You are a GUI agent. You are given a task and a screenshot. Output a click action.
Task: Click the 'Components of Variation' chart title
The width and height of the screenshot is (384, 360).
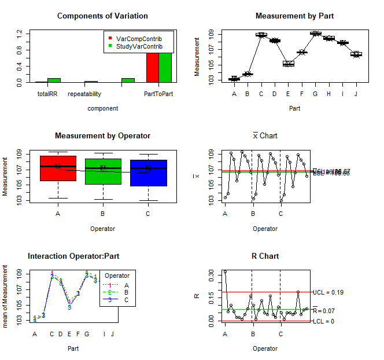point(102,16)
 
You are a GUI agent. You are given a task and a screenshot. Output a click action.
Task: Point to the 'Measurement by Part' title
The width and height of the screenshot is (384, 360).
point(294,16)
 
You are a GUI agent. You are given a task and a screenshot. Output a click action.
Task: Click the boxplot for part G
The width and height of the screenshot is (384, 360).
point(316,34)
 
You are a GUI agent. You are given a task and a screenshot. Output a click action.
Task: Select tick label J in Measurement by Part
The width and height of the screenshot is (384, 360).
point(356,94)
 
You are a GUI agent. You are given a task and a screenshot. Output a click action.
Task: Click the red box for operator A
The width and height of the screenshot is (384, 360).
point(58,168)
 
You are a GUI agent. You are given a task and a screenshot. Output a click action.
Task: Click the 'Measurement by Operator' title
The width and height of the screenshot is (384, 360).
point(102,136)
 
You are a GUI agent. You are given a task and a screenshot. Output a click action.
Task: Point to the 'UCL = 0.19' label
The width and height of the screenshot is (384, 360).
point(328,292)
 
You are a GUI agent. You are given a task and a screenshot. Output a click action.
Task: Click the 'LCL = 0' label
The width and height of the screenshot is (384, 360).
point(323,321)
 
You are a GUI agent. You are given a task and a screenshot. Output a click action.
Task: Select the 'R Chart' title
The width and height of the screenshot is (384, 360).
point(265,256)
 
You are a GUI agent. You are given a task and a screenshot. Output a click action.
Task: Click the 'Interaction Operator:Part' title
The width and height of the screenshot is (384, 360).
point(73,256)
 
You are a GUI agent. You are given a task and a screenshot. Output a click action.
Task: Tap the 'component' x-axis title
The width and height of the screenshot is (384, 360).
point(102,108)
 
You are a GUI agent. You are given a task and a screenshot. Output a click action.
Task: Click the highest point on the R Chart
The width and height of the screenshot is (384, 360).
point(225,271)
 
